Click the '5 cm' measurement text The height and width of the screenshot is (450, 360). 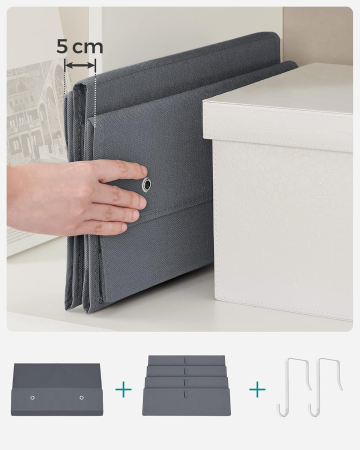79,46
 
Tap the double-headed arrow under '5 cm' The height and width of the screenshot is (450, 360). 80,65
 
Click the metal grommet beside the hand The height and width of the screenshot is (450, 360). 147,185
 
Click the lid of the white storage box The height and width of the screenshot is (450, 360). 278,110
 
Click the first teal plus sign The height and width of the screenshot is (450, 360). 123,389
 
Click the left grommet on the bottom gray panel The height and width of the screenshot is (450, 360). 32,398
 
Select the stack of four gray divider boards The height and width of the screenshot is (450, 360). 191,386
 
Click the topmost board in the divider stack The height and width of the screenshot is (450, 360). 191,359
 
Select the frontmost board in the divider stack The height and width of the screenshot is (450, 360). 191,402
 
